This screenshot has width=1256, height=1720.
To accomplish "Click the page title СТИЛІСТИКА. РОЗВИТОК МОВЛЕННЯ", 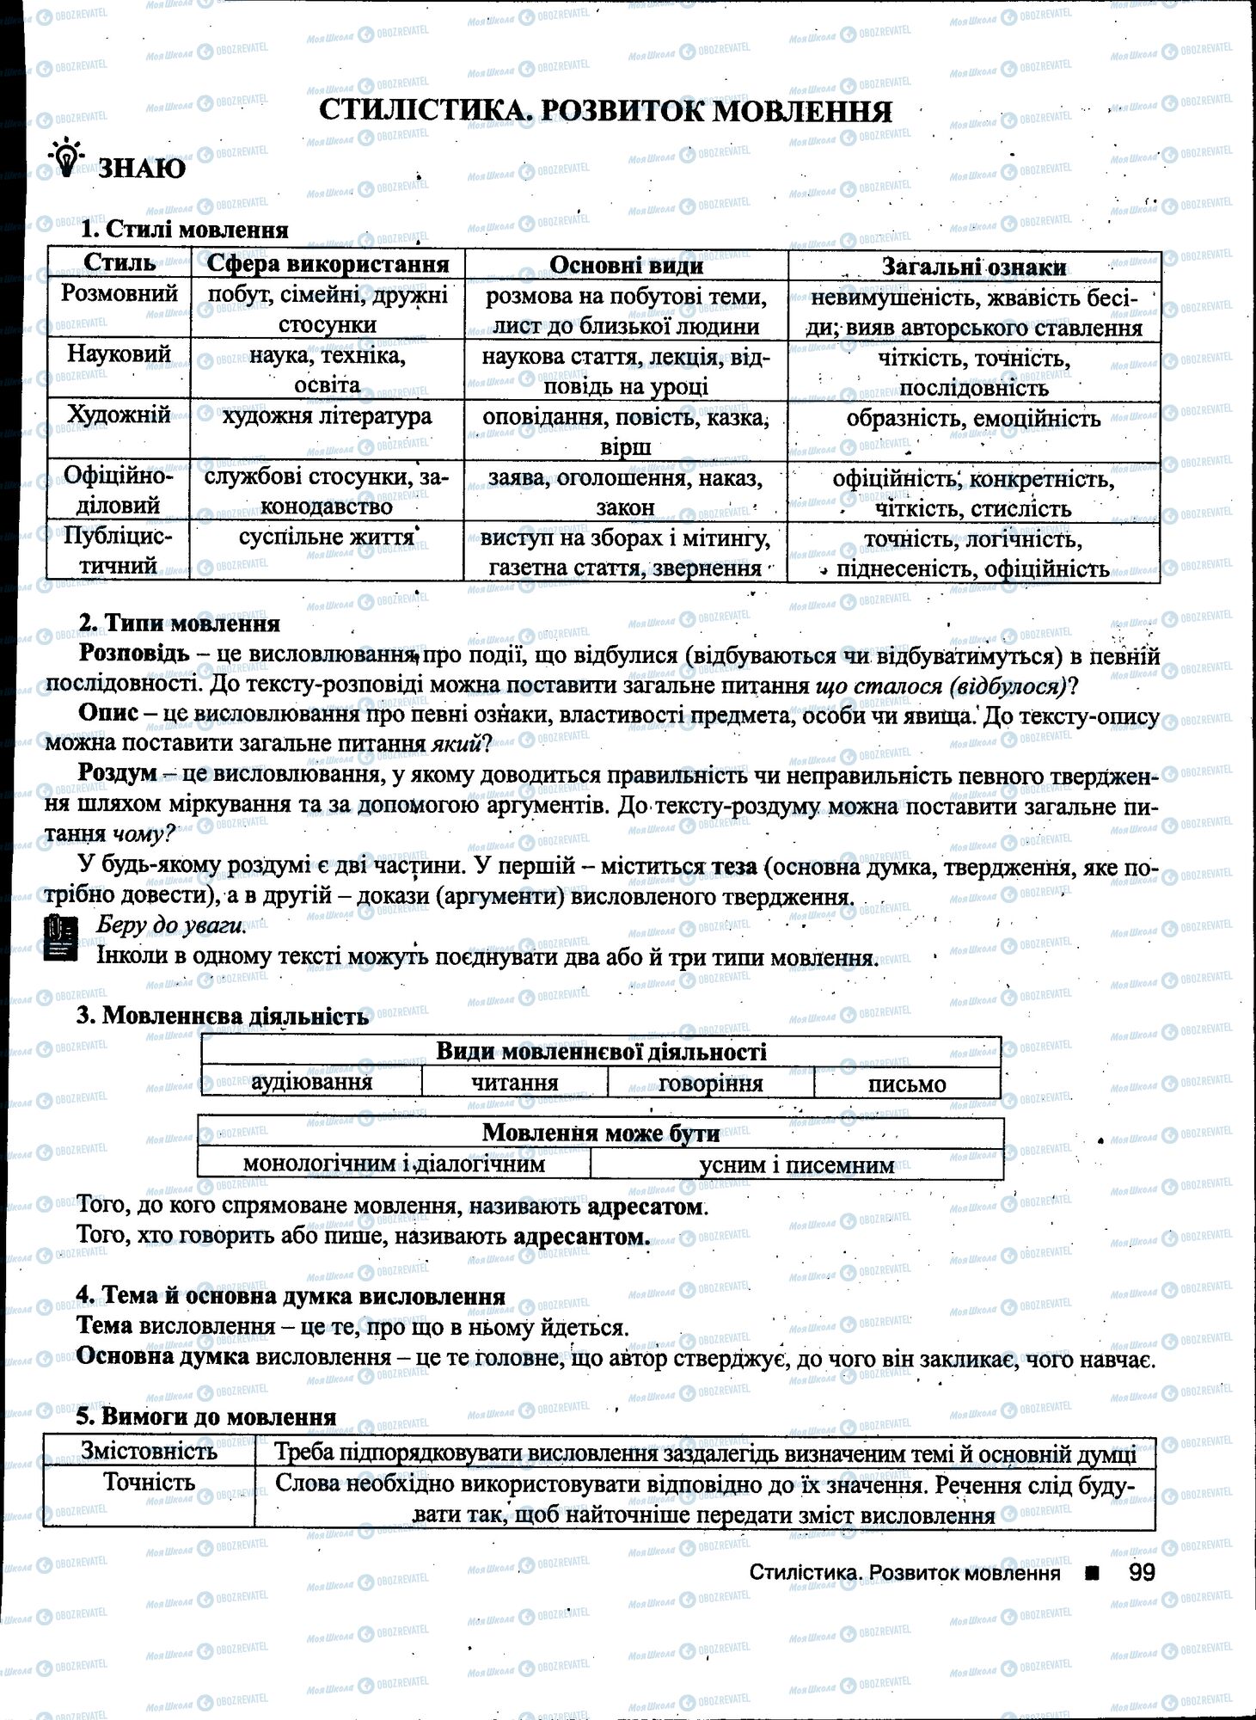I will click(x=604, y=111).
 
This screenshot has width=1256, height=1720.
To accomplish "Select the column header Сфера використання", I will click(x=328, y=264).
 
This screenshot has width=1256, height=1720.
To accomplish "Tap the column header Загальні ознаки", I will click(x=973, y=267).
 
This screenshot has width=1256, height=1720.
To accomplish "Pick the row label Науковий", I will click(x=119, y=353).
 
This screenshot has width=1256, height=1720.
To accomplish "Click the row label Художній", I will click(x=119, y=415).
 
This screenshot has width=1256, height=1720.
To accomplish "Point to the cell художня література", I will click(x=327, y=417).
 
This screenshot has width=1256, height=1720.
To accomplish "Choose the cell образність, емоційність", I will click(x=973, y=419).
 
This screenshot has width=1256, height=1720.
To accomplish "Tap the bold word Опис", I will click(x=108, y=714).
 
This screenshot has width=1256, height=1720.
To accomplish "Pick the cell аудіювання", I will click(x=311, y=1082).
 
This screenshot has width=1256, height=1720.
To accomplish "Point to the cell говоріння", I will click(x=710, y=1083).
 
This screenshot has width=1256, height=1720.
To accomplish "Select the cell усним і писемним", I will click(x=796, y=1165).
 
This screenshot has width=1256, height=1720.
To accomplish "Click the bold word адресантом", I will click(x=580, y=1237).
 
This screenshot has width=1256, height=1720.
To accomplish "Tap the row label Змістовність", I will click(x=149, y=1452).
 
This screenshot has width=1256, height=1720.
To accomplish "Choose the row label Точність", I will click(x=149, y=1483).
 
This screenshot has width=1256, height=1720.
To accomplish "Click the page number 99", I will click(x=1141, y=1572).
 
